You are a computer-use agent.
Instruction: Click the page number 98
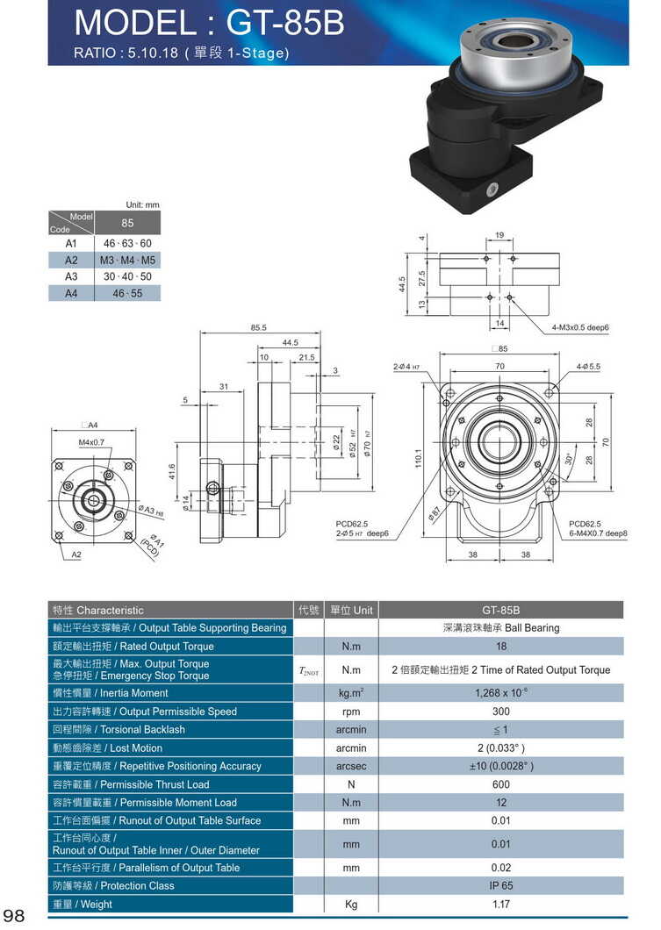click(17, 915)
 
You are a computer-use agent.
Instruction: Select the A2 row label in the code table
click(71, 260)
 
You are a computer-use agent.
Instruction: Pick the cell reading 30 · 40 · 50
click(127, 276)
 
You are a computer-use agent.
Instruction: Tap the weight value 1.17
click(500, 904)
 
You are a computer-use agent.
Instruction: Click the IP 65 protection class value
click(500, 885)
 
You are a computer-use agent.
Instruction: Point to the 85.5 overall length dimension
click(258, 328)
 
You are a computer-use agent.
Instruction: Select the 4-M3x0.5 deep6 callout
click(580, 327)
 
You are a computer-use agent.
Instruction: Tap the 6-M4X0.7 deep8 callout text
click(598, 533)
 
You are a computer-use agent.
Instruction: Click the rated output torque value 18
click(500, 647)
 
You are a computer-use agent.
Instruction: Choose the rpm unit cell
click(351, 712)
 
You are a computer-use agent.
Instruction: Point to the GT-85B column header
click(500, 610)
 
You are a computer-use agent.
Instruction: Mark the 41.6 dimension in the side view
click(172, 471)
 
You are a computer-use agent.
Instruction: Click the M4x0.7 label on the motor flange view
click(91, 442)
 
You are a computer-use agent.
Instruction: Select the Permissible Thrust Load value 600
click(500, 784)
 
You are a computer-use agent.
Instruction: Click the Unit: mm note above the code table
click(142, 204)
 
